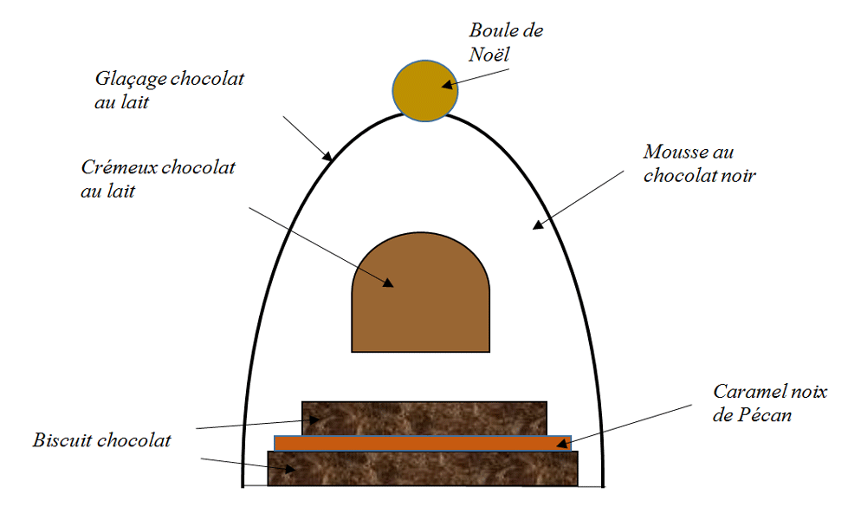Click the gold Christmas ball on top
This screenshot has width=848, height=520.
(x=424, y=90)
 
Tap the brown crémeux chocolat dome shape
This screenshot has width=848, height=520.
(x=420, y=295)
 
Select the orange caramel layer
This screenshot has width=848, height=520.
(x=422, y=443)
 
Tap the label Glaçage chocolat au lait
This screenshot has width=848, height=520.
(x=169, y=89)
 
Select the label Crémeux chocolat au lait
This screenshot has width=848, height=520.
(x=158, y=179)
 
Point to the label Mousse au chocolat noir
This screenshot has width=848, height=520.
(x=700, y=163)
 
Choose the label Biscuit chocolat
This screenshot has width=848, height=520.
(x=102, y=439)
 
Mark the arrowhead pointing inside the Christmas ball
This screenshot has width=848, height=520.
(x=447, y=85)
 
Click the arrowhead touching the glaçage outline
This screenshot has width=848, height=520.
(x=327, y=157)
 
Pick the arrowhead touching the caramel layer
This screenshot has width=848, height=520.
(x=564, y=444)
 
